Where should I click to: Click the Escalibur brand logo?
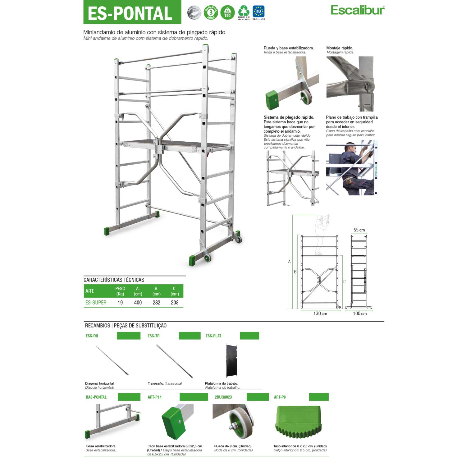[x=357, y=10]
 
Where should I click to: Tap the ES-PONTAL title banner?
[x=132, y=12]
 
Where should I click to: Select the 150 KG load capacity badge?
[x=227, y=13]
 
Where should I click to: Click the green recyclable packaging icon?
[x=244, y=12]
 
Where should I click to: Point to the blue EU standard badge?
[x=258, y=12]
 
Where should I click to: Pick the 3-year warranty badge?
[x=211, y=13]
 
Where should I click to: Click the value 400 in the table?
[x=138, y=303]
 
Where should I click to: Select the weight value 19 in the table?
[x=120, y=303]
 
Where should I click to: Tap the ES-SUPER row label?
[x=96, y=303]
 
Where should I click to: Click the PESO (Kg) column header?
[x=120, y=291]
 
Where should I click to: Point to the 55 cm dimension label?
[x=359, y=230]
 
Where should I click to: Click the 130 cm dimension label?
[x=320, y=313]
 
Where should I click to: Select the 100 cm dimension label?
[x=360, y=313]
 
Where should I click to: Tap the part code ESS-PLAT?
[x=213, y=336]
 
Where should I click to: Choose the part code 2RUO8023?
[x=223, y=397]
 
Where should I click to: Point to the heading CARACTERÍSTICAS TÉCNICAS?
[x=114, y=280]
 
